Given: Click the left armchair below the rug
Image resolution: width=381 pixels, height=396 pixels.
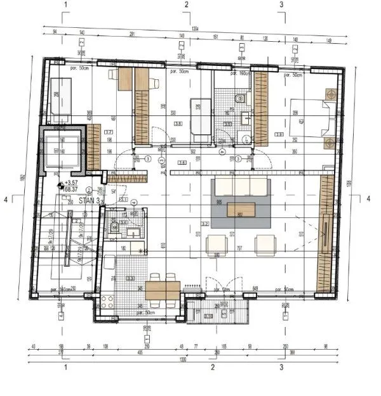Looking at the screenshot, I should click(x=217, y=244).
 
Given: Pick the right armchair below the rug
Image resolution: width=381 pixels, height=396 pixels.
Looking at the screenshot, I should click(x=265, y=244).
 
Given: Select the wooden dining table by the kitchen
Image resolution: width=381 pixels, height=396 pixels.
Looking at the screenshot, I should click(x=163, y=290).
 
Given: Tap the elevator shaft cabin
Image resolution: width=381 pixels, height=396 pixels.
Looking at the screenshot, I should click(x=62, y=150).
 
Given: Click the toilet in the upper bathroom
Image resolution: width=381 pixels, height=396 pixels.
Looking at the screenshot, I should click(x=239, y=98).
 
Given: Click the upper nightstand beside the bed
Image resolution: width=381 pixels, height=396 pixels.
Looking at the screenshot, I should click(x=330, y=93).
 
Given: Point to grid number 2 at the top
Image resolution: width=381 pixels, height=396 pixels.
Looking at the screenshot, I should click(x=186, y=5).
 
